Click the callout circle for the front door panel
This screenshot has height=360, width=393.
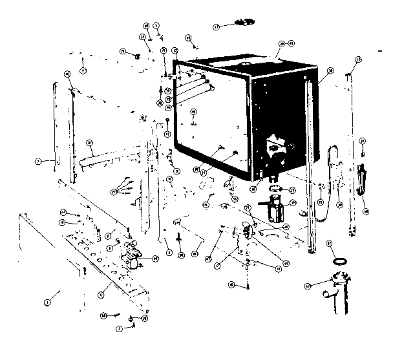point(47,301)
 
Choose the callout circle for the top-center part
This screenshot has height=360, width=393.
point(217,26)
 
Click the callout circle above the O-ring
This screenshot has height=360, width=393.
point(329,242)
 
